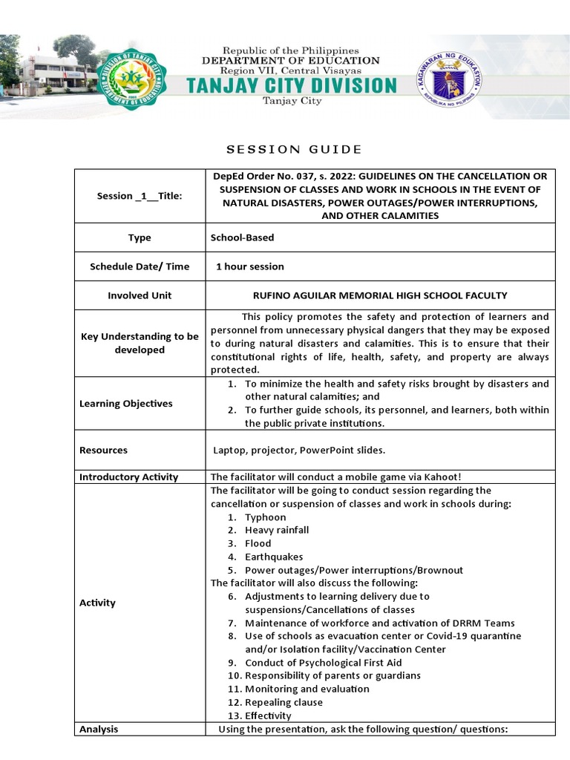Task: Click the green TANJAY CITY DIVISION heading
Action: coord(291,85)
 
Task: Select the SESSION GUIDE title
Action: coord(294,149)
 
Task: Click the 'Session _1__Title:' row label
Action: coord(140,196)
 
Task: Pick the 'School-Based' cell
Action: coord(242,237)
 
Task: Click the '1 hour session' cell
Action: coord(249,266)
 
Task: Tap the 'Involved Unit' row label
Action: coord(140,295)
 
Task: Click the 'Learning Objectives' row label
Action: coord(125,404)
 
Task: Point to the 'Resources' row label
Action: coord(103,450)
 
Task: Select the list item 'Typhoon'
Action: coord(265,517)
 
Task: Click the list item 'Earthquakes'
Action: coord(274,557)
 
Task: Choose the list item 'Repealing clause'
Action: coord(284,702)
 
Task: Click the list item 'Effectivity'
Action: coord(268,715)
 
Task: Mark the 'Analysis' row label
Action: coord(99,729)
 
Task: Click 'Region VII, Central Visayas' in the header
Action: coord(291,71)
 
